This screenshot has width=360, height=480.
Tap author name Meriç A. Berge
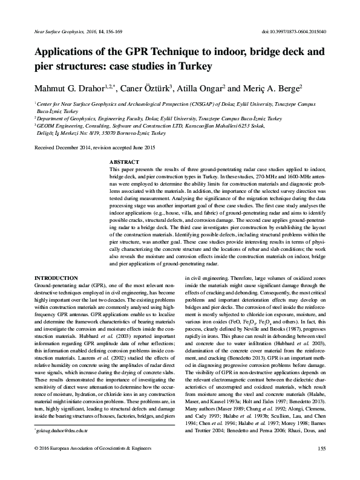[273, 88]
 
